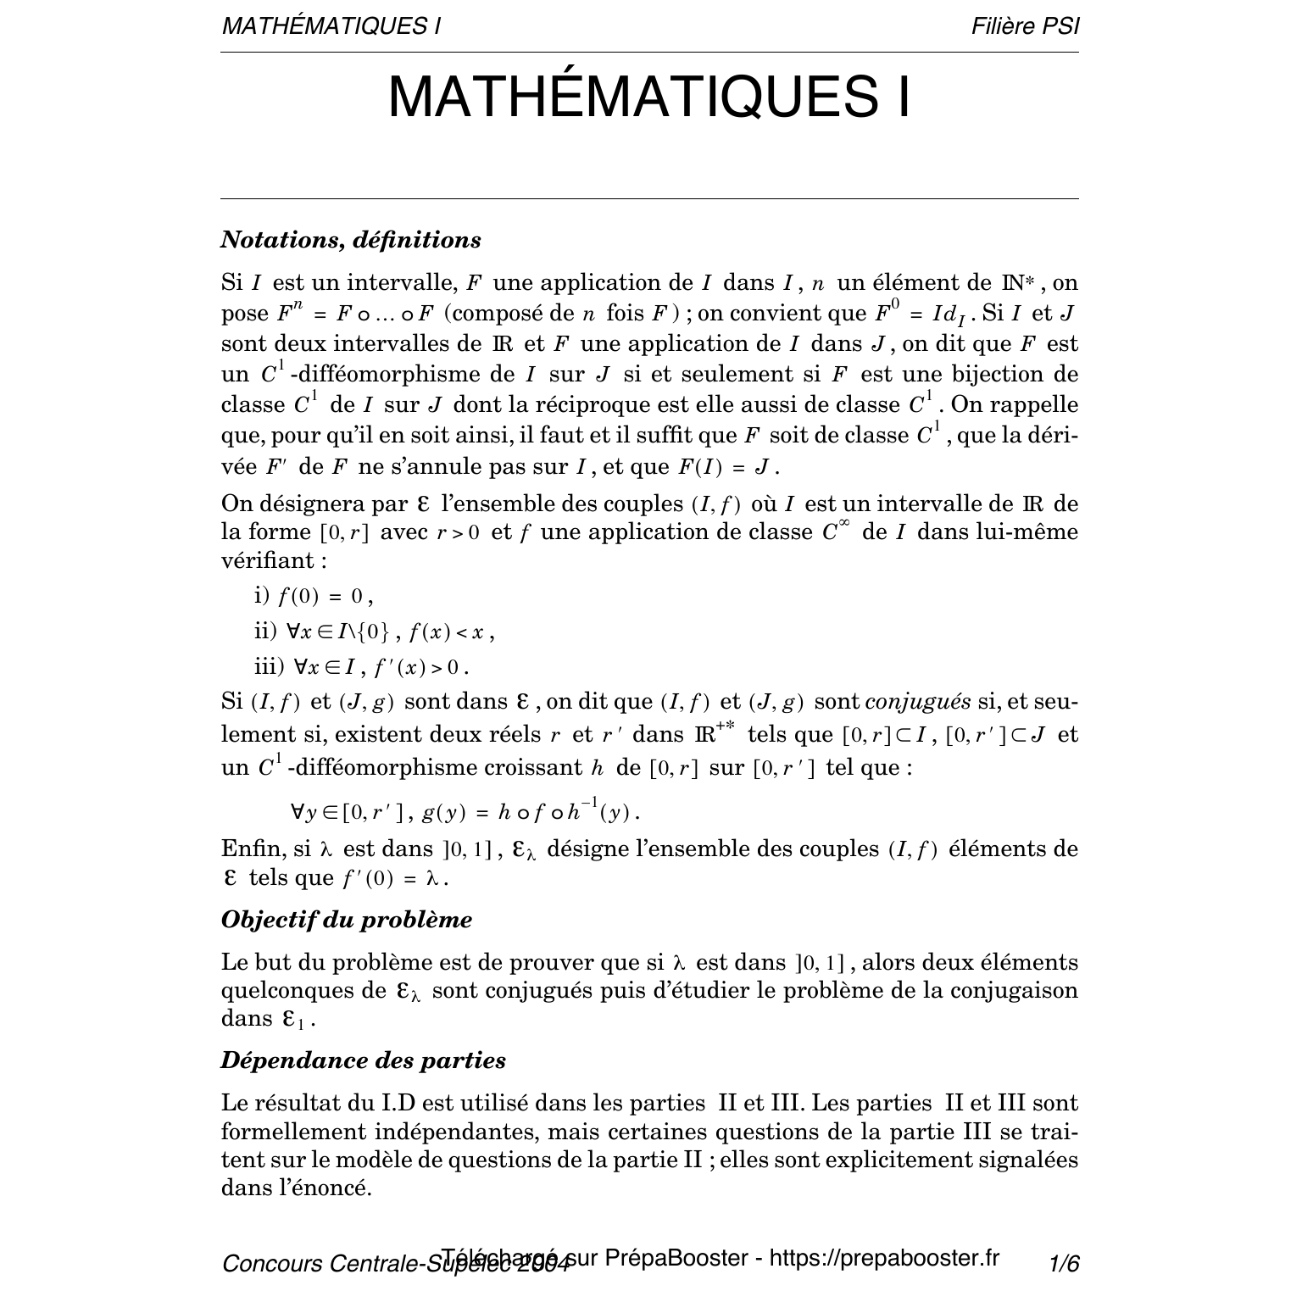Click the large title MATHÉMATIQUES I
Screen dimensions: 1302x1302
[x=649, y=97]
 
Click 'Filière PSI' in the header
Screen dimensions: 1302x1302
[x=1025, y=26]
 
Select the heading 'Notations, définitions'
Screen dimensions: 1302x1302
[x=351, y=240]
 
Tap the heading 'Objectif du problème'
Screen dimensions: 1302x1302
[x=347, y=920]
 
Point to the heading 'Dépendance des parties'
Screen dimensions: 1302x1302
[x=364, y=1060]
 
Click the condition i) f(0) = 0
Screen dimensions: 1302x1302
[x=314, y=596]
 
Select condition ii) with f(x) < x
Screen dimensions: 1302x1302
[x=374, y=632]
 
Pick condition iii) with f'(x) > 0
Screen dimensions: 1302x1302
[x=361, y=666]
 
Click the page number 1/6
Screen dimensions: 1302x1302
[x=1063, y=1264]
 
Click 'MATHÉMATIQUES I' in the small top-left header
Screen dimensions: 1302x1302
[x=331, y=26]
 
